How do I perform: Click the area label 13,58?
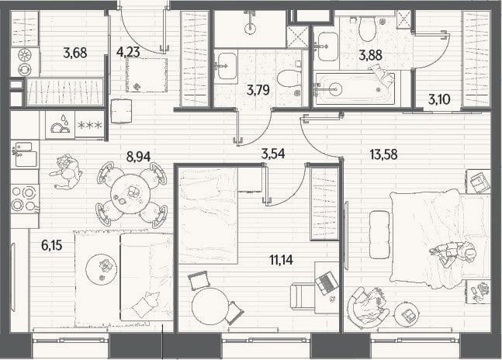pos(383,154)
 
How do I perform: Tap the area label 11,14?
pos(281,260)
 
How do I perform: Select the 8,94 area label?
pos(138,157)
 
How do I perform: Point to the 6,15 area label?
pos(51,245)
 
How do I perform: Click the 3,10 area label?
pos(439,100)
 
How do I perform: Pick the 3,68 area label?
pos(75,53)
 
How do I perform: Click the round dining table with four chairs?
pos(130,193)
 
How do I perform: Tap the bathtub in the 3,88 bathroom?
pos(355,88)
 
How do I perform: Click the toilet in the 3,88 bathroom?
pos(367,28)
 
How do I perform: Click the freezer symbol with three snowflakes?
pos(90,125)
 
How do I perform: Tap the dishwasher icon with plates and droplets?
pos(61,125)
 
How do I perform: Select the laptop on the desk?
pos(327,283)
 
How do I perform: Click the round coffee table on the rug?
pos(102,268)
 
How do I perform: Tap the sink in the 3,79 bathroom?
pos(227,66)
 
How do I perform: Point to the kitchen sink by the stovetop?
pos(25,155)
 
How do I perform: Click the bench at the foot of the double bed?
pos(379,234)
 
